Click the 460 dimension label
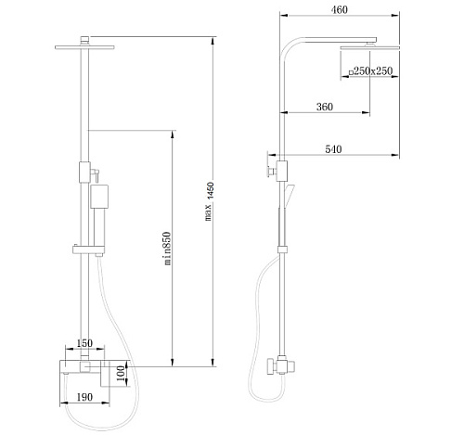coord(340,10)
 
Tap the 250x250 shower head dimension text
coord(373,71)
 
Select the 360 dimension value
coord(325,107)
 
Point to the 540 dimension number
coord(333,149)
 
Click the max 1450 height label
coord(210,201)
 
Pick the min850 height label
coord(167,249)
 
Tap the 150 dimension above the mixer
coord(84,343)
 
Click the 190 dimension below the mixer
coord(84,397)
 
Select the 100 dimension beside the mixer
coord(122,373)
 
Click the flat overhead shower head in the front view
coord(84,47)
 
